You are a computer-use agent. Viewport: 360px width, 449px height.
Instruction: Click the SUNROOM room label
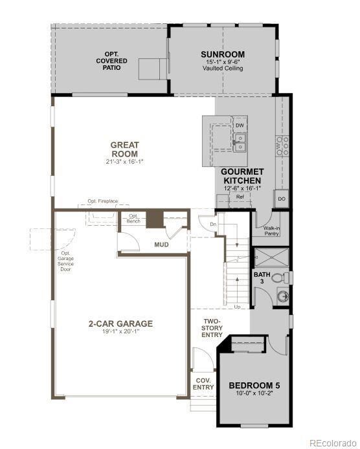(222, 54)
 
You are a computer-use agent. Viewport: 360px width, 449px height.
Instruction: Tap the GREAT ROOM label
(124, 149)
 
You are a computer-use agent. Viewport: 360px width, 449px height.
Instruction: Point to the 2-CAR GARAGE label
(120, 323)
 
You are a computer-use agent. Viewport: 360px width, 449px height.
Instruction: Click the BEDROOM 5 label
(254, 386)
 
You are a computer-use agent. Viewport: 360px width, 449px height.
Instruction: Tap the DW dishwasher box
(240, 125)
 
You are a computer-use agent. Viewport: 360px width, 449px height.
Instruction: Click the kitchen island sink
(240, 142)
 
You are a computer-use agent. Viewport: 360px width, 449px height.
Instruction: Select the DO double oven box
(282, 199)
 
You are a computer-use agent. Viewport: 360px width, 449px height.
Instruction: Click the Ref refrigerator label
(239, 197)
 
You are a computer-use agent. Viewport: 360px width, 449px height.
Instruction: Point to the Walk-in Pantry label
(272, 232)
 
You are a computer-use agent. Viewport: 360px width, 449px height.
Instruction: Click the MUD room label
(161, 245)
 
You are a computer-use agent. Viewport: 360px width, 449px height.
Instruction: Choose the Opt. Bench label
(134, 219)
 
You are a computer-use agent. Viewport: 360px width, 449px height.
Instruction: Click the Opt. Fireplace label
(102, 201)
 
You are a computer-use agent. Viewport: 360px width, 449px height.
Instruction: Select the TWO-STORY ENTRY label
(212, 327)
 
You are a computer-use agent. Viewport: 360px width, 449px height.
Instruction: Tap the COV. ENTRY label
(203, 383)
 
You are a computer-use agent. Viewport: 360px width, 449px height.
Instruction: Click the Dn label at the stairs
(214, 224)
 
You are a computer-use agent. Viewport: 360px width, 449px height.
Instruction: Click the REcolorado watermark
(332, 443)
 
